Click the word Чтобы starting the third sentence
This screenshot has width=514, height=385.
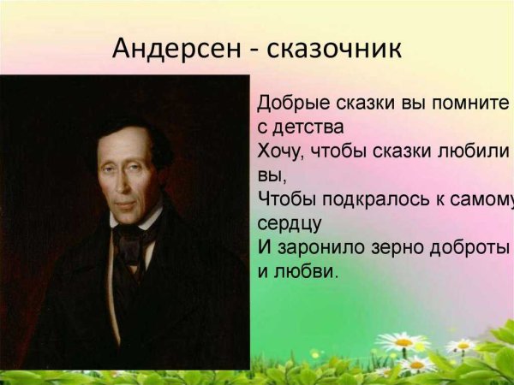tap(284, 201)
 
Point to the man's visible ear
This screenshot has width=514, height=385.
tap(162, 175)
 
